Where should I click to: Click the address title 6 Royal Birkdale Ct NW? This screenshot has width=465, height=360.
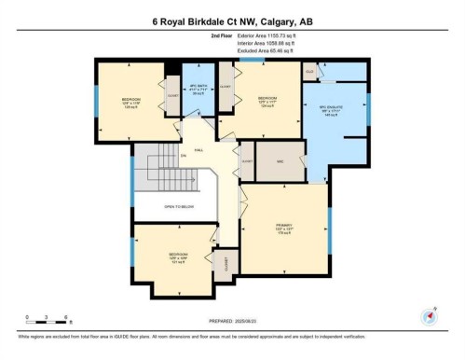click(232, 21)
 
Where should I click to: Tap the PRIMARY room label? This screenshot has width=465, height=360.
click(284, 230)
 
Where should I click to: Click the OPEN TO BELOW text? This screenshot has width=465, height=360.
click(176, 207)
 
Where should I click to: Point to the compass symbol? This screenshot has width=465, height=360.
click(431, 314)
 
